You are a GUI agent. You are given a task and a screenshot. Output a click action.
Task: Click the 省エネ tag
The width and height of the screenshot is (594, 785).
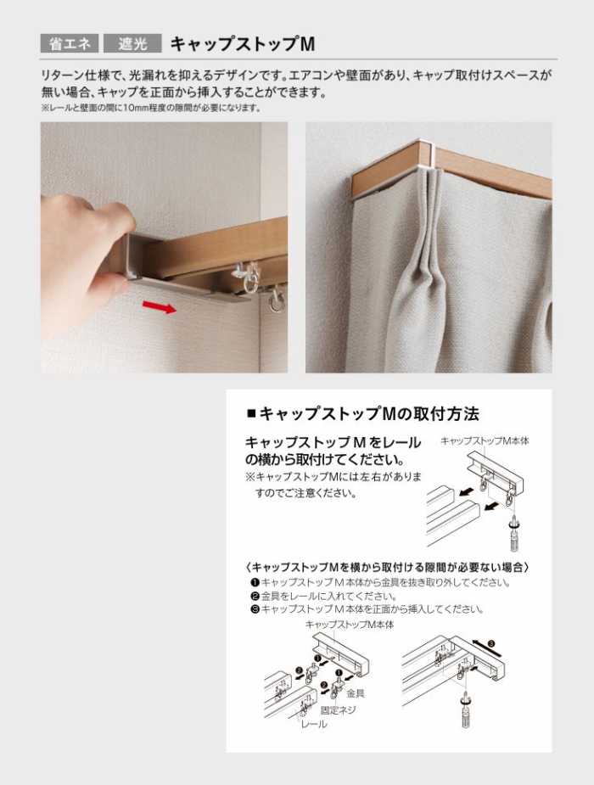pos(70,43)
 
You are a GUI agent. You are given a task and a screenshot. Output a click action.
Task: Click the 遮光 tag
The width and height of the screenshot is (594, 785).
pos(132,43)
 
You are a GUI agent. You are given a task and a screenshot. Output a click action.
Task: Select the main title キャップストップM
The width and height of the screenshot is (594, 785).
pos(243,44)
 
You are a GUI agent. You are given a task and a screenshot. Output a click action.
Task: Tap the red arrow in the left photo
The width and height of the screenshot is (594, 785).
pos(160,306)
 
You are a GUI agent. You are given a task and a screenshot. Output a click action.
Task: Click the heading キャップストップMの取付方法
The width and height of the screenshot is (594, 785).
pos(363,414)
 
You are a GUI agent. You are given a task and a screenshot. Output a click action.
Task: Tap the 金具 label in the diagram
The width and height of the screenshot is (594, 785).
pos(355,693)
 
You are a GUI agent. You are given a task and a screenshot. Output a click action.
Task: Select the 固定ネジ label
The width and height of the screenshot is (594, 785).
pos(339,710)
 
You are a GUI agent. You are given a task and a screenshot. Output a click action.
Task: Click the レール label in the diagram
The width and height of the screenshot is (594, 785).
pos(314,725)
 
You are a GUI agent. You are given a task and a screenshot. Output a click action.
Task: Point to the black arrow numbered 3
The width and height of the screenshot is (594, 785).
pos(486,648)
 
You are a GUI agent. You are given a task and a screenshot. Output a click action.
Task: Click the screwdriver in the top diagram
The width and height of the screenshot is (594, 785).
pos(514,534)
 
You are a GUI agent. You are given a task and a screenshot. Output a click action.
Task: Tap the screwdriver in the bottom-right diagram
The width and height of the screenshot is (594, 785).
pos(466,710)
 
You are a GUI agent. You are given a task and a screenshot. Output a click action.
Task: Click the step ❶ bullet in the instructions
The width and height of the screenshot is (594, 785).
pos(255,583)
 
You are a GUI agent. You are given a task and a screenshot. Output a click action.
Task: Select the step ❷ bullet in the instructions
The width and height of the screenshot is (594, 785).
pos(255,597)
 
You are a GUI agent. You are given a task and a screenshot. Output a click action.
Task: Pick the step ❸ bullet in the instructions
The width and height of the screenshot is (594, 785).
pos(255,610)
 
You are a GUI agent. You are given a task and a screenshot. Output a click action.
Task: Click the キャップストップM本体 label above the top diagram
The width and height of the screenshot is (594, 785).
pos(485,441)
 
